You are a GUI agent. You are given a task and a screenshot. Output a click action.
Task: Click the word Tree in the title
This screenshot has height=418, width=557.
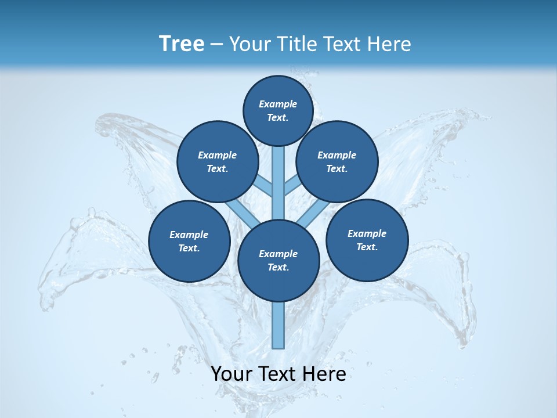(x=182, y=44)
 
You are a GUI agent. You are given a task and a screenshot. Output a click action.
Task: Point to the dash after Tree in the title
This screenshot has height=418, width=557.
(x=216, y=45)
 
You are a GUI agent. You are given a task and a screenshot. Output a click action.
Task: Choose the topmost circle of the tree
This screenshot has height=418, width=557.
(x=278, y=110)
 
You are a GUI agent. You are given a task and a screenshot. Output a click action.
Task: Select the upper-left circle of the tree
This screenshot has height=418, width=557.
(x=218, y=162)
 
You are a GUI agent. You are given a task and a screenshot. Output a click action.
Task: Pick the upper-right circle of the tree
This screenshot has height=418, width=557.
(x=337, y=162)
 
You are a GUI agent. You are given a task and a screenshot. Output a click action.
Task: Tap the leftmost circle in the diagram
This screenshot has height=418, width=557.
(x=189, y=241)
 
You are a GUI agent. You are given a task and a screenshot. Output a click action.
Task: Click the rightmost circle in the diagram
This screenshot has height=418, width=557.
(x=367, y=240)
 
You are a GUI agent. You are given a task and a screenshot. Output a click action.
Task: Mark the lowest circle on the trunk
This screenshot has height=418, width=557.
(x=278, y=261)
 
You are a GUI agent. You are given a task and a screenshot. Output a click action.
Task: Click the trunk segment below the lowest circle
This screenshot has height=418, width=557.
(x=278, y=325)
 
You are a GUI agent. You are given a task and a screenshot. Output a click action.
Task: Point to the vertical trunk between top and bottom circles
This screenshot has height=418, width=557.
(x=278, y=183)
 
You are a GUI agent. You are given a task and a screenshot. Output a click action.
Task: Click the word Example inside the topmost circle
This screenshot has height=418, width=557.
(x=278, y=104)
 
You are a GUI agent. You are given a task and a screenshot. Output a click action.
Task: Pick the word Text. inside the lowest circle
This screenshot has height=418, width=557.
(x=278, y=267)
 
